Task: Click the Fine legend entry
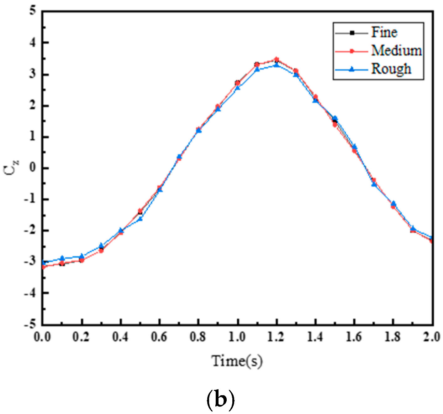tap(384, 32)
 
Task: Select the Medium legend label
tap(396, 50)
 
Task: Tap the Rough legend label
tap(391, 69)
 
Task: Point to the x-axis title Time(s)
tap(237, 361)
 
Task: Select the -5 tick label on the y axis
tap(30, 324)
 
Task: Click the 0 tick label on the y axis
tap(33, 168)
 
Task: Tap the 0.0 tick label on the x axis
tap(42, 337)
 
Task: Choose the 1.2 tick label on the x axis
tap(276, 337)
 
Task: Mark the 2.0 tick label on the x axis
tap(432, 337)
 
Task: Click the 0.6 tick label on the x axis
tap(160, 337)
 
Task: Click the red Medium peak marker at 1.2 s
tap(277, 59)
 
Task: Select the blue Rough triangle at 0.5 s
tap(140, 219)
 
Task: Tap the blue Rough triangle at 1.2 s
tap(277, 65)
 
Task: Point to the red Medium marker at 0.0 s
tap(43, 267)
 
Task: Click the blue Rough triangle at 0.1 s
tap(62, 258)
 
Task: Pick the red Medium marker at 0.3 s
tap(101, 251)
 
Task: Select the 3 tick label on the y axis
tap(33, 74)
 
